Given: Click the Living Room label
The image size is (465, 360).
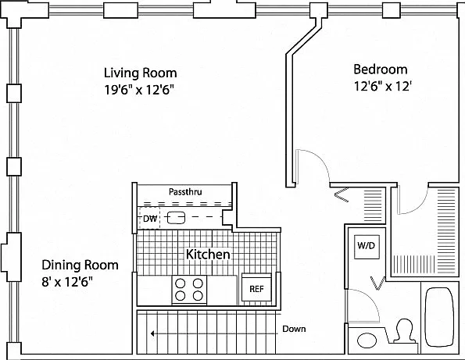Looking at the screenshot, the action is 140,73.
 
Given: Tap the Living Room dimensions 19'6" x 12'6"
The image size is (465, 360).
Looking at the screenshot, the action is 139,90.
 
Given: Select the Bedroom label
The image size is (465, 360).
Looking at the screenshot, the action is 381,70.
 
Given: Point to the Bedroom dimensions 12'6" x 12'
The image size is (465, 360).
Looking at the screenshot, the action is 383,86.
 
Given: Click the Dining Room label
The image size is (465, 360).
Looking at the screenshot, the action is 80,265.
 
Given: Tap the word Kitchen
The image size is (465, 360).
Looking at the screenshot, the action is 208,255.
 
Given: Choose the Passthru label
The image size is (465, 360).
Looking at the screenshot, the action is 185,191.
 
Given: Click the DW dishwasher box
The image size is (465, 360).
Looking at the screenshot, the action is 149,219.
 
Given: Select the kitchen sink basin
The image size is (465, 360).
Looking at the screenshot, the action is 176,218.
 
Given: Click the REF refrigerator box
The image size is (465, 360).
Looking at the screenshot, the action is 256,287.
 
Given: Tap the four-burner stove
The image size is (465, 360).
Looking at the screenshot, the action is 189,290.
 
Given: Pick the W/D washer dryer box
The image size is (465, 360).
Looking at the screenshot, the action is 367,246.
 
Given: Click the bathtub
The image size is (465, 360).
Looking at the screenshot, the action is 439,317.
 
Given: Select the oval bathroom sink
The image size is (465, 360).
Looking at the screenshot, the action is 367,340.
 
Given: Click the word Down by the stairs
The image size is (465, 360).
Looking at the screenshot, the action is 294,329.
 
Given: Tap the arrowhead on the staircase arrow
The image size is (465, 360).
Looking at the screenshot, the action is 152,334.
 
